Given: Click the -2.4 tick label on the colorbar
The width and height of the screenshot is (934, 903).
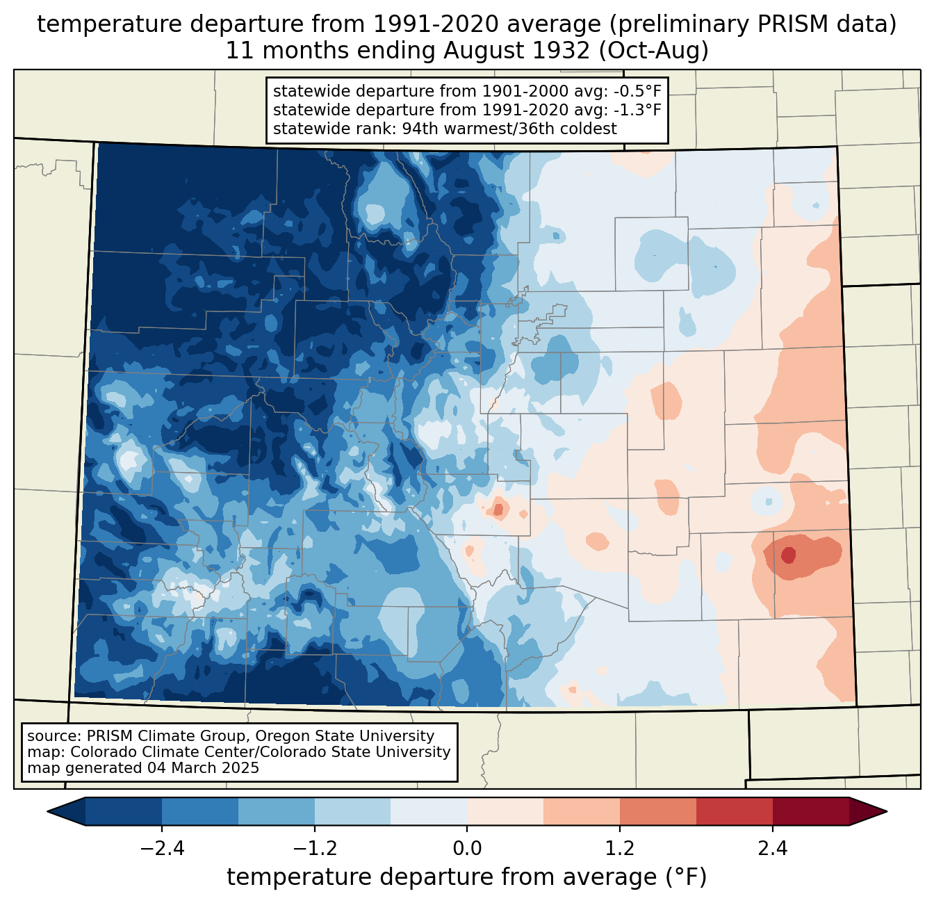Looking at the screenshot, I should [x=161, y=849].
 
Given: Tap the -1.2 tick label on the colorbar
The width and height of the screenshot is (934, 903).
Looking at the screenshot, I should [x=314, y=849].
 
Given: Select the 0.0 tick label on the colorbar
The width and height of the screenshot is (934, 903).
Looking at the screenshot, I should [x=467, y=849].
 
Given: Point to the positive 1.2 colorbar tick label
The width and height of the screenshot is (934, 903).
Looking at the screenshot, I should [x=620, y=849].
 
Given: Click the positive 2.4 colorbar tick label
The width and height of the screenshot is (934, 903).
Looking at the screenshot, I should [x=772, y=849].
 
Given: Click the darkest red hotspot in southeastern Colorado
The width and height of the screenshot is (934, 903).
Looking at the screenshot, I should [x=788, y=555].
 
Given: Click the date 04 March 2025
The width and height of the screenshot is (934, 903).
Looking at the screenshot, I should [x=203, y=768].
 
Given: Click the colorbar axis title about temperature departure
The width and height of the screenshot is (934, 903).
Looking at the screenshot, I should [x=466, y=877].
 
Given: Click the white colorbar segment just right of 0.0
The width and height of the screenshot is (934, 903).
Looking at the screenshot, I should [x=505, y=811].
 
